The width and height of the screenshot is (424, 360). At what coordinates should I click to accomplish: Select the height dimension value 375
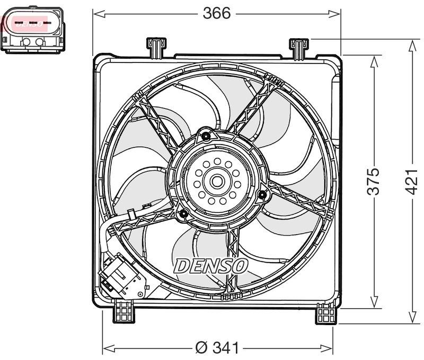coord(374,181)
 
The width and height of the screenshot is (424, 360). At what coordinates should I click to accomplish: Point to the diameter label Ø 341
coord(217,348)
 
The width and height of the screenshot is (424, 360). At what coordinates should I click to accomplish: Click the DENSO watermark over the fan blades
coord(210,266)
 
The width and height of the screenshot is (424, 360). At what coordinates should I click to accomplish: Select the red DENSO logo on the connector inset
coord(29,24)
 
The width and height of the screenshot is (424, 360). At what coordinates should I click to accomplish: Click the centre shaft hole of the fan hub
coord(216,181)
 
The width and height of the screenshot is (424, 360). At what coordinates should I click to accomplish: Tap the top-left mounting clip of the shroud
coord(155,47)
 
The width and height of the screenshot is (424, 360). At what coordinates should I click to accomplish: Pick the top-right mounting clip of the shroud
coord(299,48)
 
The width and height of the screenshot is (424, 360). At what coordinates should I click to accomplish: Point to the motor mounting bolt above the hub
coord(206,137)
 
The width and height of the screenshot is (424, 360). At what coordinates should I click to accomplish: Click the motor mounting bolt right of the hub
coord(261,195)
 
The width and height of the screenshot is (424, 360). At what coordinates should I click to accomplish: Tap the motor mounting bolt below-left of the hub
coord(183,214)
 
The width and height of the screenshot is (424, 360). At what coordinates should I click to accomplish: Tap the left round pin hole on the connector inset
coord(25,42)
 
